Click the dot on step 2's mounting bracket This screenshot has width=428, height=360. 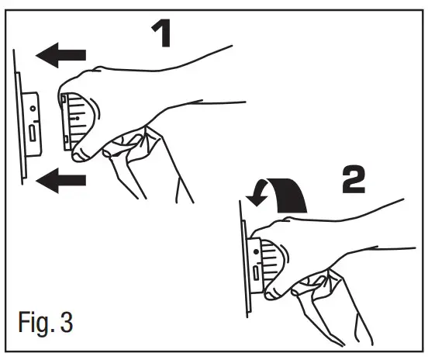tap(257, 251)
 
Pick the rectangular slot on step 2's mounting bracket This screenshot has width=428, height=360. tap(257, 272)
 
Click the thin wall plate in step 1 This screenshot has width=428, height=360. tap(21, 116)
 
